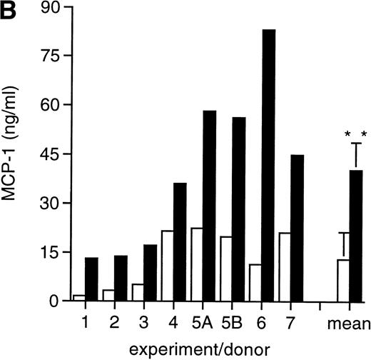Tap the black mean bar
(x=355, y=236)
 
